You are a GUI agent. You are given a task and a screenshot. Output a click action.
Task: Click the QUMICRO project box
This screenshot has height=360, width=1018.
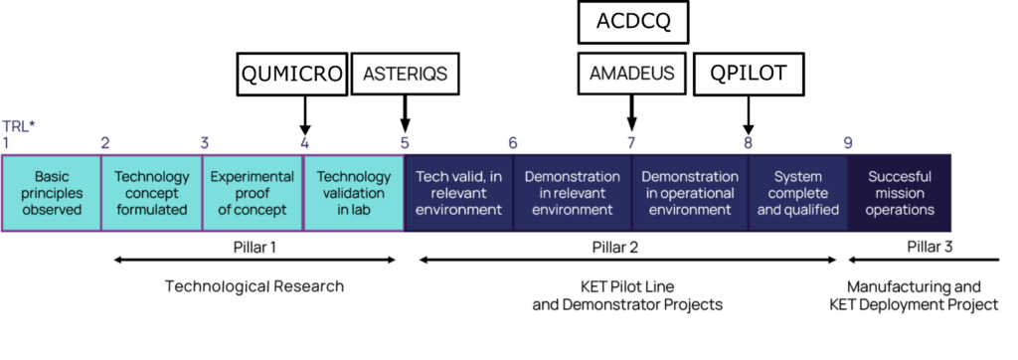[291, 74]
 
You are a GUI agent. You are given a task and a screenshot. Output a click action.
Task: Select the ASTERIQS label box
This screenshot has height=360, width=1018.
[406, 74]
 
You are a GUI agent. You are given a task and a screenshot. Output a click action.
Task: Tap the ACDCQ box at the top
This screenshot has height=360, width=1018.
[632, 22]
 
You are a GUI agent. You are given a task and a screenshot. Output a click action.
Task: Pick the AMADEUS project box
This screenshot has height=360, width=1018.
[632, 74]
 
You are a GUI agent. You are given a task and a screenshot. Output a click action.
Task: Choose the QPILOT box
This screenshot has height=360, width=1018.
[749, 74]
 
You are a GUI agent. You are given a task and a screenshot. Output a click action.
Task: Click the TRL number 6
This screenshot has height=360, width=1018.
[513, 143]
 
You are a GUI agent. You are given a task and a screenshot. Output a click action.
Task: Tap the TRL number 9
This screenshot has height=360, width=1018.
[848, 143]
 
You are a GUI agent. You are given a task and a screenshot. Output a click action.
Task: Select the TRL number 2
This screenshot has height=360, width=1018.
[105, 143]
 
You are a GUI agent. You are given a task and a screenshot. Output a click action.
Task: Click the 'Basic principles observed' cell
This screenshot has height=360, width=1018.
[52, 193]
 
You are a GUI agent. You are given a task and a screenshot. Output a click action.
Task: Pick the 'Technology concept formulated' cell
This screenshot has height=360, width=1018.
[152, 193]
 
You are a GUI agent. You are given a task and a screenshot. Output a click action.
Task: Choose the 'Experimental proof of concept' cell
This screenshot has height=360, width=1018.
[253, 193]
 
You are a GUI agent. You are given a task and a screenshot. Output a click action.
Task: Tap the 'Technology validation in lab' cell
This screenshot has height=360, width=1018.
[354, 193]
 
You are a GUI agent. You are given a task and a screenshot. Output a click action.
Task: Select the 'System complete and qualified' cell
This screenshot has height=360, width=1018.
[798, 193]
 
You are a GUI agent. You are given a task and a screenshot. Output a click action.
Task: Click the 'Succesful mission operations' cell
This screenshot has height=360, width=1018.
[899, 193]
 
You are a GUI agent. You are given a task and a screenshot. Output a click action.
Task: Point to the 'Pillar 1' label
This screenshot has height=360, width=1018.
[254, 247]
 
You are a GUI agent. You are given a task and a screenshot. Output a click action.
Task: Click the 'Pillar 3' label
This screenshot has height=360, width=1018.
[930, 247]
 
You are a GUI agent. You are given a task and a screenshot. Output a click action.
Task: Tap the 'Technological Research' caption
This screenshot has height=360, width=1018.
[254, 286]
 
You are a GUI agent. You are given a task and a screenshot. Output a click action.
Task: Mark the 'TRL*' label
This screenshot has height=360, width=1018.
[19, 125]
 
